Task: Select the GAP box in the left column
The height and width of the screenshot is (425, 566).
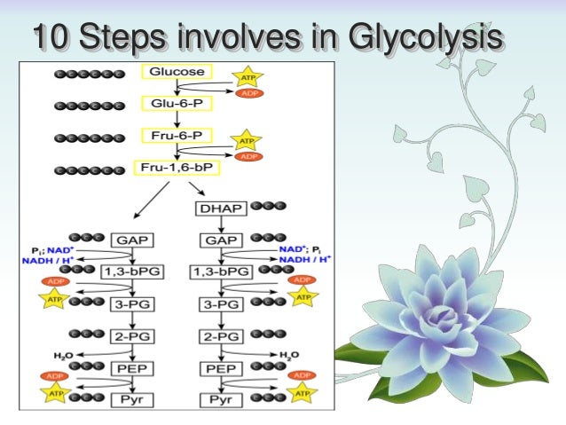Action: click(x=131, y=240)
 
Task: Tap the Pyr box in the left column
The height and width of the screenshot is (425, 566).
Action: click(x=131, y=400)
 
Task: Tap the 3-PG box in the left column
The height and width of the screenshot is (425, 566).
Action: click(x=131, y=303)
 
